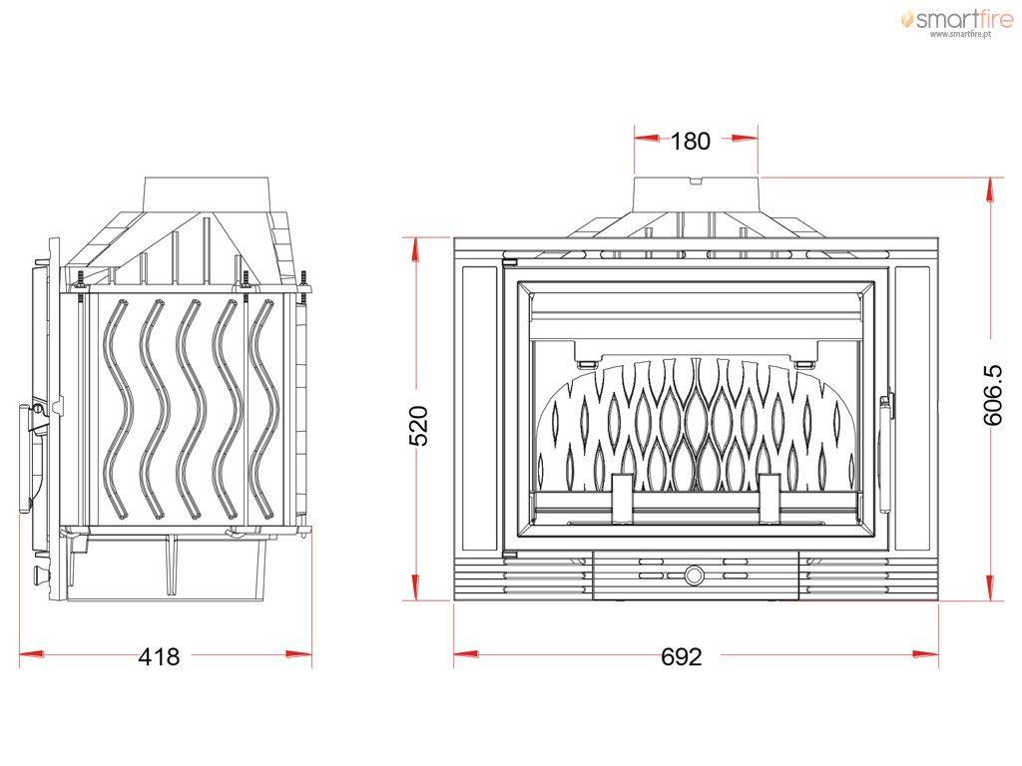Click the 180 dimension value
coord(691,141)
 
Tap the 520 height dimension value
coord(418,425)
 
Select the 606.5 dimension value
coord(993,395)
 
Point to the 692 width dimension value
coord(681,656)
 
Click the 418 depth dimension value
coord(159,656)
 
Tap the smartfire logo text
coord(964,19)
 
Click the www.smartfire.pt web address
coord(960,34)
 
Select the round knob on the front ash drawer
coord(695,575)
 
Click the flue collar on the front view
coord(696,194)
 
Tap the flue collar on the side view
coord(207,193)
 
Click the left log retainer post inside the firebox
coord(621,499)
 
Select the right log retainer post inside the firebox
coord(769,499)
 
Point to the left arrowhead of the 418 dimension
coord(32,654)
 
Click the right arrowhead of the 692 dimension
coord(925,654)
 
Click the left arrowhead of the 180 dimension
coord(647,138)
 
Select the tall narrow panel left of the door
coord(480,408)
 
